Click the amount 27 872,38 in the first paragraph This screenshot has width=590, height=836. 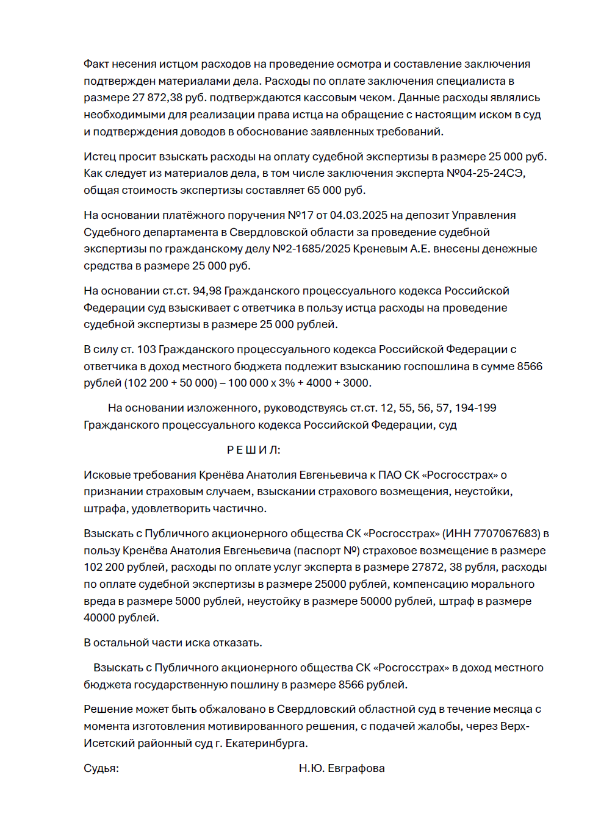(x=157, y=98)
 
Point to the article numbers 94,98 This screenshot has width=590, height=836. (x=207, y=291)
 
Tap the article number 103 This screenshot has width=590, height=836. (x=146, y=349)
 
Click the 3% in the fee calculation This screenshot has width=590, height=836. (x=287, y=383)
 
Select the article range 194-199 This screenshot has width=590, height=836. (x=476, y=408)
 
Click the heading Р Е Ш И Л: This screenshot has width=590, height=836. (x=254, y=450)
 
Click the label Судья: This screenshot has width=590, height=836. (x=101, y=768)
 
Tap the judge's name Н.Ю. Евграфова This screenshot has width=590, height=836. (x=342, y=768)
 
